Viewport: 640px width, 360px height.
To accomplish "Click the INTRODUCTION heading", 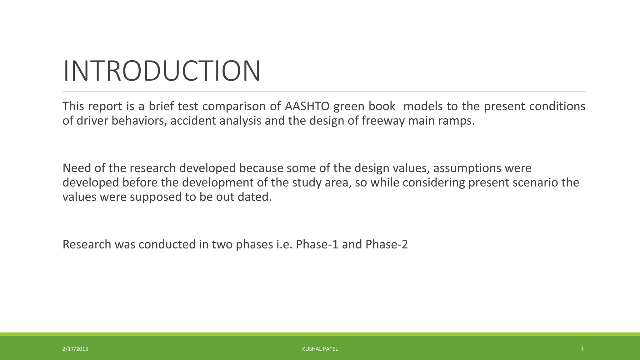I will (162, 71).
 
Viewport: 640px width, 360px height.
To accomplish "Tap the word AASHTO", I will (307, 106).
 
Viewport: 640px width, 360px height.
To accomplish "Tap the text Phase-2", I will (387, 244).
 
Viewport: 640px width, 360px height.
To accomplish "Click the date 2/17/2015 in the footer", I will (75, 349).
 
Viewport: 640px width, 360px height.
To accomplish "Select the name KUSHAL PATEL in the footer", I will (320, 349).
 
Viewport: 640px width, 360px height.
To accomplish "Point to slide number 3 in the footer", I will (582, 349).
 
